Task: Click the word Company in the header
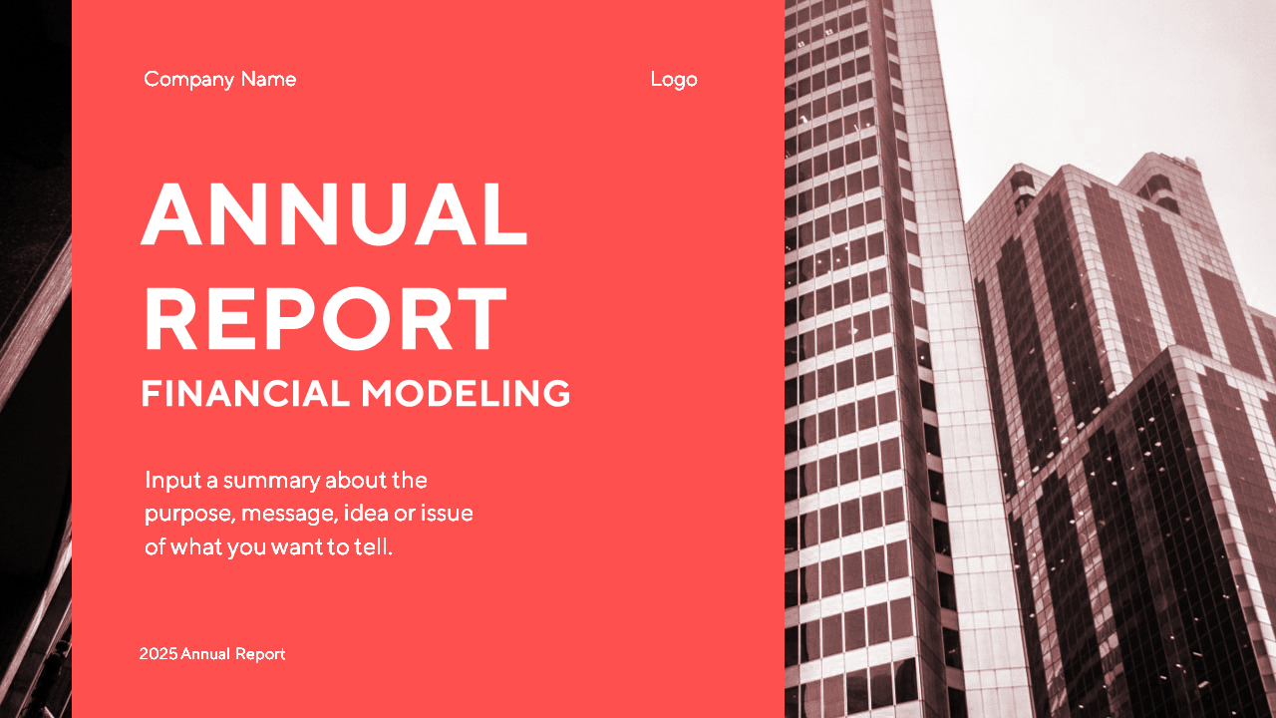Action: point(189,80)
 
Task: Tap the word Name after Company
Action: point(268,79)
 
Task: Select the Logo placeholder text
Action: point(674,80)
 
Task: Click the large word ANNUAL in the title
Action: point(334,213)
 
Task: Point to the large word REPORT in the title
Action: point(326,318)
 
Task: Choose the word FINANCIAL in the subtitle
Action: point(245,393)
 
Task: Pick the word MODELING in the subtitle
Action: point(466,393)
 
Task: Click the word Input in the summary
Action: point(173,481)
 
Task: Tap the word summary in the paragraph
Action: point(271,482)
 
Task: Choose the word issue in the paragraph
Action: point(447,513)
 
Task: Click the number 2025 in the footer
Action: point(159,653)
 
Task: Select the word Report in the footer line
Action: point(260,655)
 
